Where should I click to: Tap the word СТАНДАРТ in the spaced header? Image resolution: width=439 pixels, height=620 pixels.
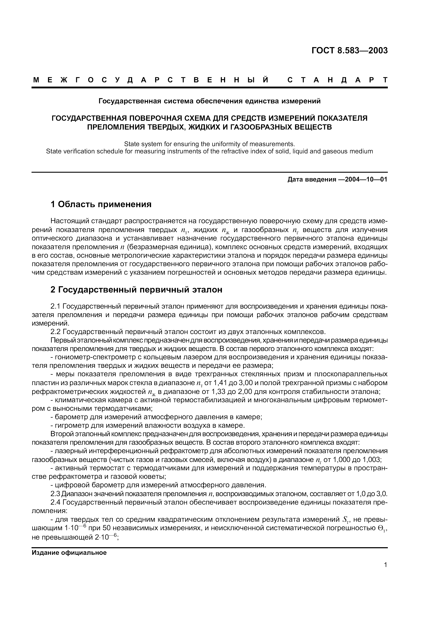[337, 80]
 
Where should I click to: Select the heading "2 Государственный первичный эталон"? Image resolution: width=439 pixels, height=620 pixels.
[137, 290]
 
